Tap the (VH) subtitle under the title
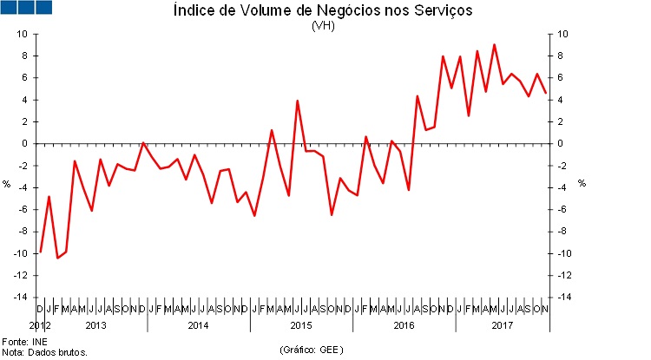tap(323, 25)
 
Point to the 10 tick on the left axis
tap(22, 34)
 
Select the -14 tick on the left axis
tap(20, 297)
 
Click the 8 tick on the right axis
tap(562, 56)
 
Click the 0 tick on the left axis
tap(24, 143)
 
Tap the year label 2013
tap(95, 325)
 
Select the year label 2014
tap(198, 325)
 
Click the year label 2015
tap(300, 325)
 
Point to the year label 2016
tap(403, 325)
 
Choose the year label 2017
tap(503, 325)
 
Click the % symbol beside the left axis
tap(7, 183)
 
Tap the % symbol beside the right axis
tap(582, 183)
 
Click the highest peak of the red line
tap(494, 44)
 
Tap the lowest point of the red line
tap(57, 259)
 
